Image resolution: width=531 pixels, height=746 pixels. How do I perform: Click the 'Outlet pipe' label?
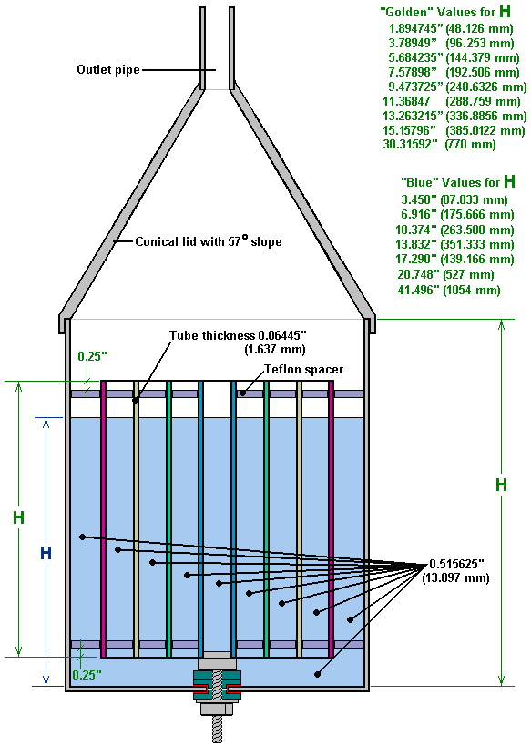[x=108, y=69]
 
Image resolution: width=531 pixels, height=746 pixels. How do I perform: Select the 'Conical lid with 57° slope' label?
[x=209, y=241]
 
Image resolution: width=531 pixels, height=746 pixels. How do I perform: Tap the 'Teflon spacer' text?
[x=303, y=369]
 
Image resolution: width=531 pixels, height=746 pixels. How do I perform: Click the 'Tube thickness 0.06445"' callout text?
[x=238, y=335]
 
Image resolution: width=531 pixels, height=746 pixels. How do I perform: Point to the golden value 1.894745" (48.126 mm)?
[x=451, y=28]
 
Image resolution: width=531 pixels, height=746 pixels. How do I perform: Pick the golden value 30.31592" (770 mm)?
[x=439, y=144]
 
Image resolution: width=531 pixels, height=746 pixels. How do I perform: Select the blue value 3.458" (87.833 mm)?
[x=454, y=199]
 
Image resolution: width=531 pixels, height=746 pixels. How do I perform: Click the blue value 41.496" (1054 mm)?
[x=449, y=290]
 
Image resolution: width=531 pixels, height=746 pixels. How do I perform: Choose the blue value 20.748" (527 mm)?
[x=445, y=274]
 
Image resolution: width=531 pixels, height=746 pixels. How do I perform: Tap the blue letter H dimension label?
[x=46, y=553]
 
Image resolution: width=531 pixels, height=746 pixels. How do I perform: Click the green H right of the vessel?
[x=501, y=485]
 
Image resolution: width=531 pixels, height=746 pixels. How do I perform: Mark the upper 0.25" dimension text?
[x=92, y=356]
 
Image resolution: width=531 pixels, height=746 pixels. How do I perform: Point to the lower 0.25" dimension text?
[x=87, y=675]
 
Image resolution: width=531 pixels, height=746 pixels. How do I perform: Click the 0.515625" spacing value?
[x=456, y=564]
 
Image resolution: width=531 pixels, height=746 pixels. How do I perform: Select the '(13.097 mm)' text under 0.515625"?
[x=455, y=578]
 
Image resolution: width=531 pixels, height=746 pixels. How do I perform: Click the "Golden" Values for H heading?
[x=445, y=12]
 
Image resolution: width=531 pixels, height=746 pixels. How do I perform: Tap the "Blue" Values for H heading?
[x=458, y=182]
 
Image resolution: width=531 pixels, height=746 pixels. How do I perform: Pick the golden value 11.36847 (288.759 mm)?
[x=452, y=101]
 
